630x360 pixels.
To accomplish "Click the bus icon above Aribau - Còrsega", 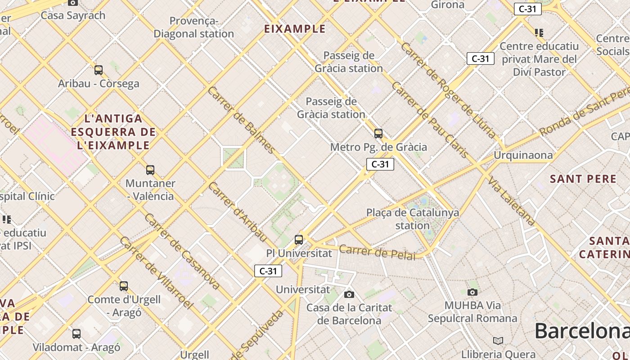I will (99, 70).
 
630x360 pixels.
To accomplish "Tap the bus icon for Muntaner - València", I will (150, 170).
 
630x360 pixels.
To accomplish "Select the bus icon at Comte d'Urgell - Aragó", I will (124, 286).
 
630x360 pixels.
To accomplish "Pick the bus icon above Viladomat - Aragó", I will (76, 334).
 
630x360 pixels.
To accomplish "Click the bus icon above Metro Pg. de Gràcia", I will (378, 134).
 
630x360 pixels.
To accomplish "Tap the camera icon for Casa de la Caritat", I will (349, 295).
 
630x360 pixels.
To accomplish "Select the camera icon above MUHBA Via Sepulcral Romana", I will (472, 292).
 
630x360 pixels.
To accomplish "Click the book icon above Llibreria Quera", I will (498, 341).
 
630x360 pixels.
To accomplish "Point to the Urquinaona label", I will (523, 155).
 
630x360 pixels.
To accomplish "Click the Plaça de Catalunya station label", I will (413, 219).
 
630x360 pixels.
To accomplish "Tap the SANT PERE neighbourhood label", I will (583, 179).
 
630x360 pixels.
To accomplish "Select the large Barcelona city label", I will (582, 332).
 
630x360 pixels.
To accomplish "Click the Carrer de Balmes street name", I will (242, 120).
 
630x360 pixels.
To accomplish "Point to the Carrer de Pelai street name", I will (377, 252).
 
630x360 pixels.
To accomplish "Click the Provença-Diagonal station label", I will (194, 27).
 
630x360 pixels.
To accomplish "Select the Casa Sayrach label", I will (73, 15).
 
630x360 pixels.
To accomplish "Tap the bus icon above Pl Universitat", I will (299, 240).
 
